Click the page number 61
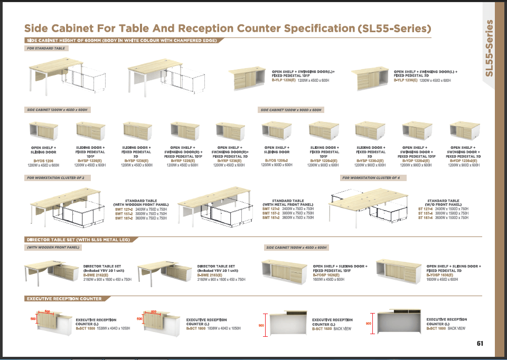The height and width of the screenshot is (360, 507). pyautogui.click(x=480, y=344)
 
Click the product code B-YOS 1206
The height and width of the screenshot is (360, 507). pyautogui.click(x=43, y=160)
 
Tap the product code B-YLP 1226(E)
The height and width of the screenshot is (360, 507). pyautogui.click(x=284, y=80)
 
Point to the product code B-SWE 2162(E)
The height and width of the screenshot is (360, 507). pyautogui.click(x=96, y=275)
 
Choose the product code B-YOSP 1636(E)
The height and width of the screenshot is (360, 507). pyautogui.click(x=440, y=275)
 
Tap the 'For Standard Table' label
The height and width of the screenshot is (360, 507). pyautogui.click(x=46, y=49)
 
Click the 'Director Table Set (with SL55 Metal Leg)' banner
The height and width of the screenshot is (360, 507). pyautogui.click(x=78, y=239)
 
